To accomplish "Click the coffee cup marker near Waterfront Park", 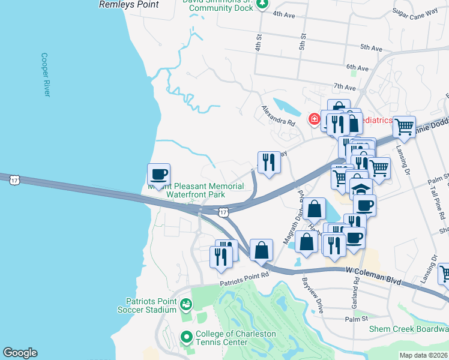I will (x=158, y=175).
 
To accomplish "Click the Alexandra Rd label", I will (x=279, y=115).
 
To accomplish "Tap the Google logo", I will (x=20, y=353).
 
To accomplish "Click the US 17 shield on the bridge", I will (x=223, y=212).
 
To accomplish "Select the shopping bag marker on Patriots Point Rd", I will (x=262, y=250).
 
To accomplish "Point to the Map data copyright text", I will (x=423, y=355).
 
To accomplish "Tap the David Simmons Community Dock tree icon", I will (x=262, y=4).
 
